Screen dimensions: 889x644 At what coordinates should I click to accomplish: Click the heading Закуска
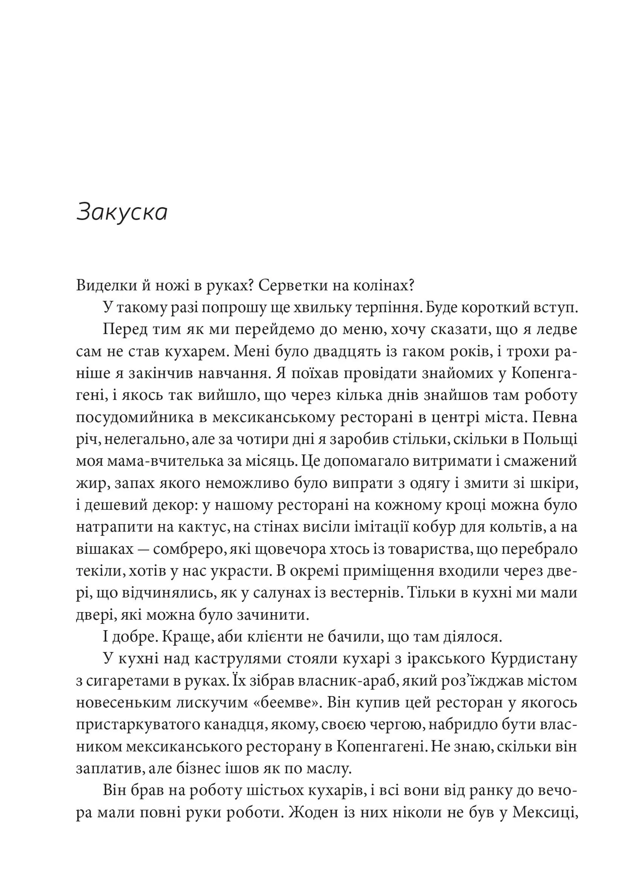122,212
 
